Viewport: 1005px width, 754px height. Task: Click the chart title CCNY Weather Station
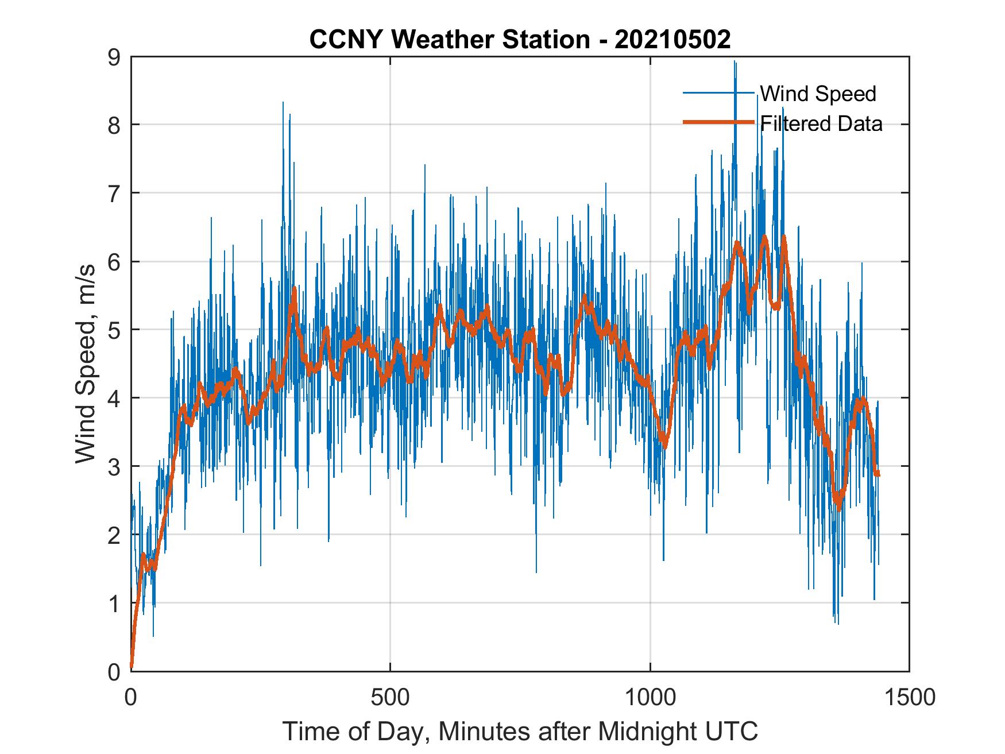(449, 40)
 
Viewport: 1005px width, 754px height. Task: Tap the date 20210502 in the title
(672, 40)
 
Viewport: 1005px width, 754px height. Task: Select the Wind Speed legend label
(818, 94)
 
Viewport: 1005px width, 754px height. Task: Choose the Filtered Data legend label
(821, 123)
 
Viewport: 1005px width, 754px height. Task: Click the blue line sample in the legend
(718, 93)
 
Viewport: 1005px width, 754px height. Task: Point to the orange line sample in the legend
(718, 122)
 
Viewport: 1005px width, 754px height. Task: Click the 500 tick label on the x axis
(390, 697)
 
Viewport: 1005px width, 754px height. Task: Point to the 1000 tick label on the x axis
(650, 697)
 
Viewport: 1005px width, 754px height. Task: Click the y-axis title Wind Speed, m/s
(86, 364)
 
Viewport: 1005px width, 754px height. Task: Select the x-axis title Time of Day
(356, 732)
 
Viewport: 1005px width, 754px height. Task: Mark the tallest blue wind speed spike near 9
(735, 62)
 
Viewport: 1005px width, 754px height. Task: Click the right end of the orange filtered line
(878, 473)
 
